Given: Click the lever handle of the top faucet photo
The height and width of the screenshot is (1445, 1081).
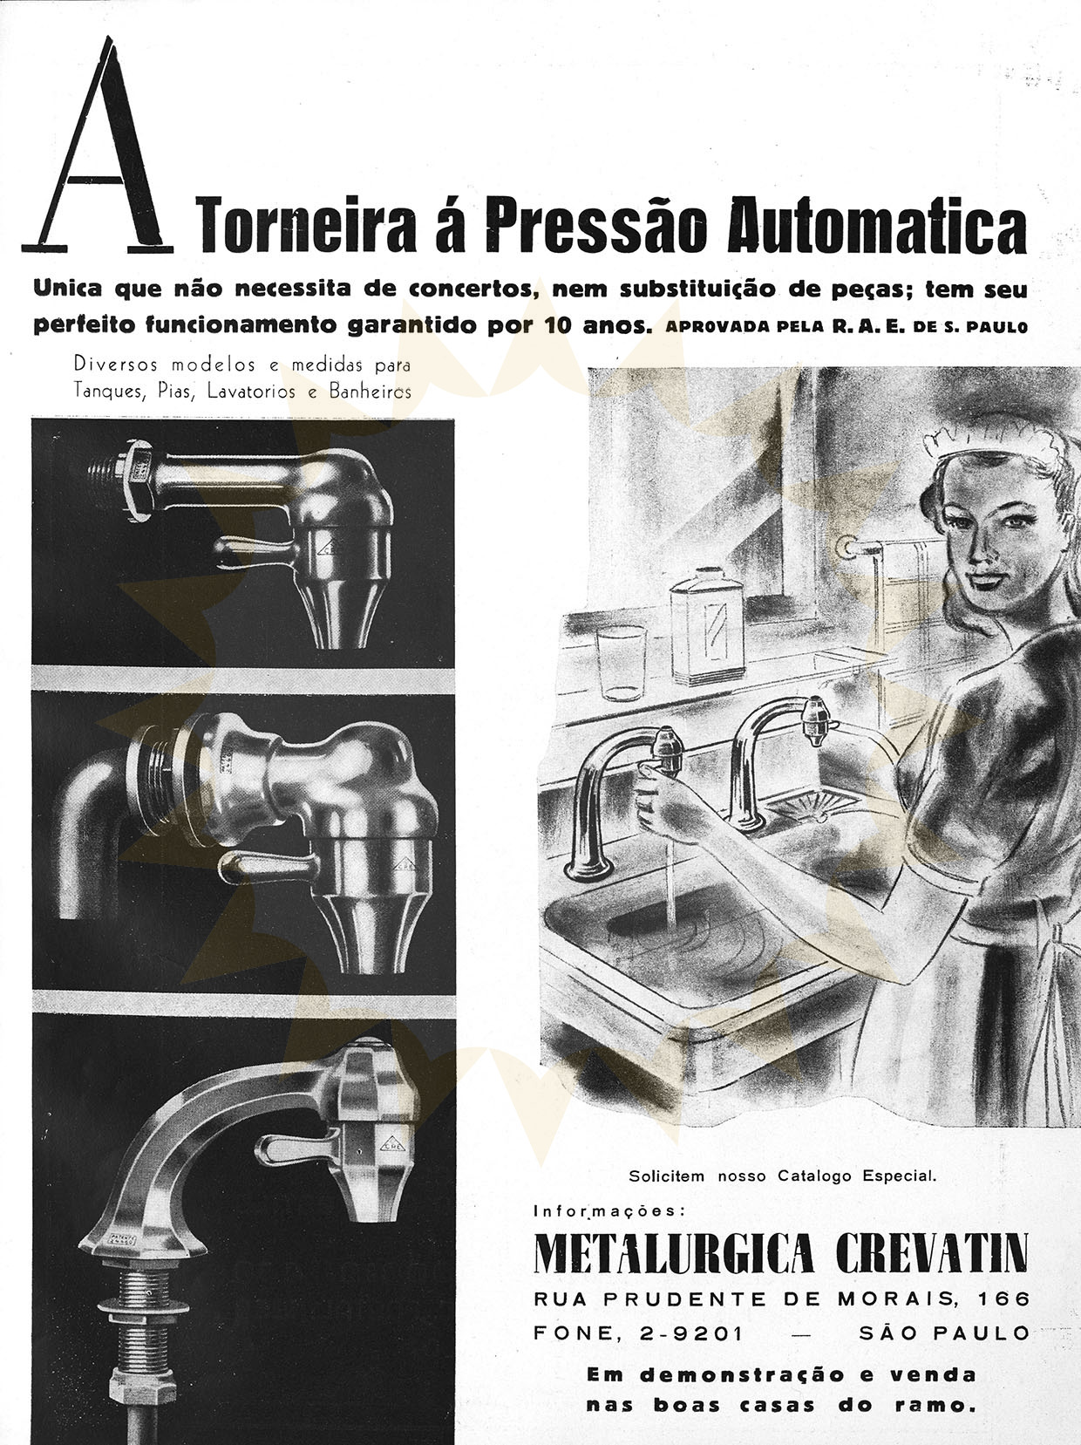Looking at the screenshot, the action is [x=255, y=548].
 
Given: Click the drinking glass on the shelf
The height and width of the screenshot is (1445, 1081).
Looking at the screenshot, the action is [x=622, y=662].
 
